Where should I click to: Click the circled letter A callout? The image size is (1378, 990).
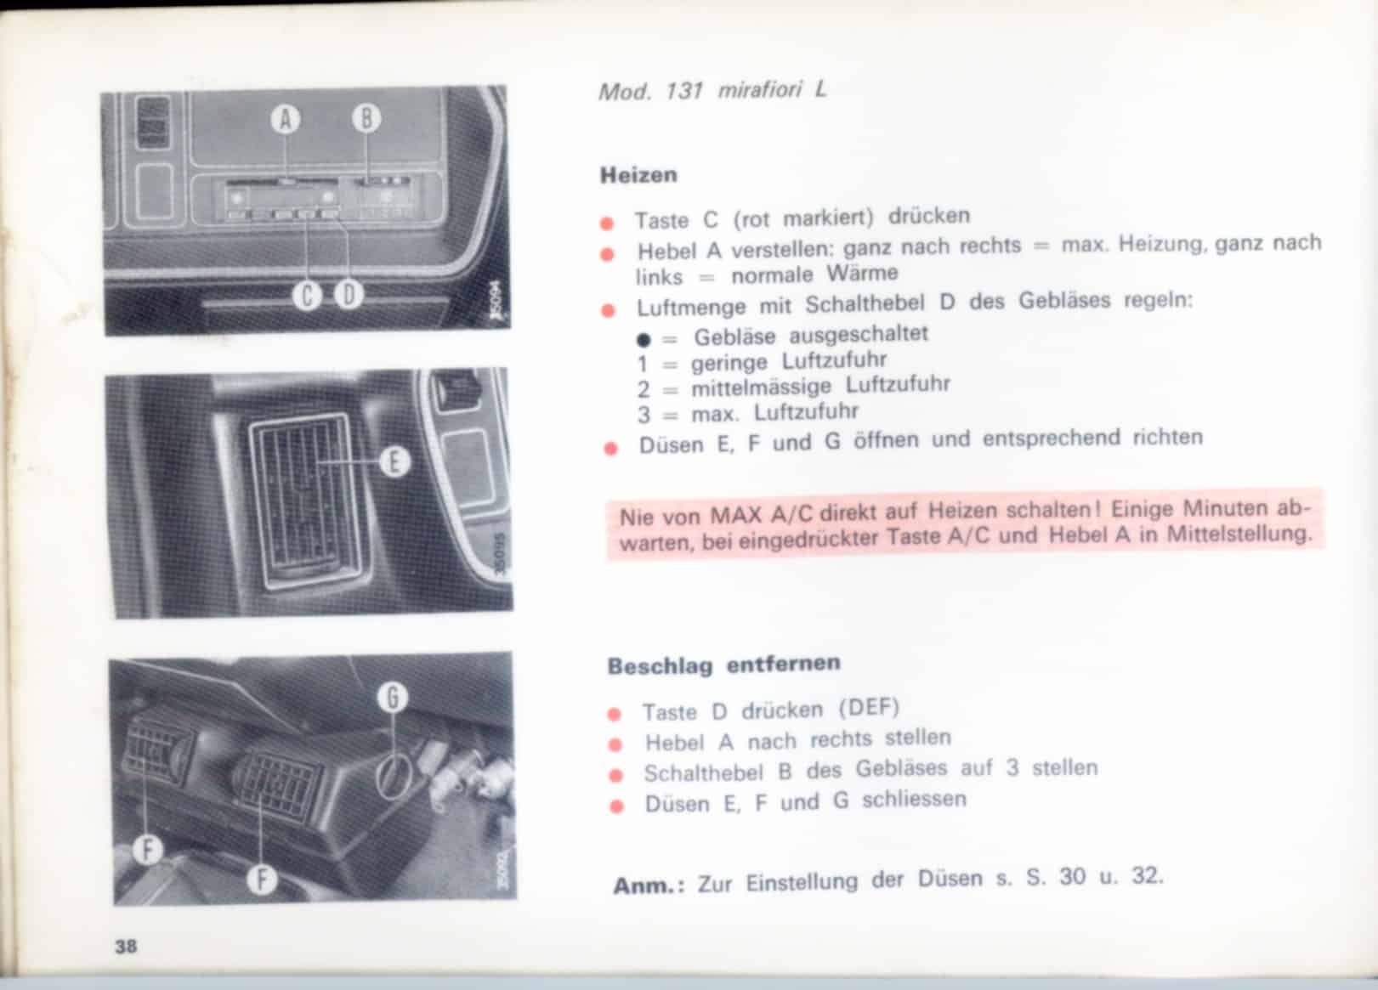click(x=286, y=119)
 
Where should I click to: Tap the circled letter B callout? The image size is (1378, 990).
click(x=366, y=119)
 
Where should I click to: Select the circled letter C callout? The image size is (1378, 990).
click(x=307, y=296)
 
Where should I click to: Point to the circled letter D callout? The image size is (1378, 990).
click(x=349, y=296)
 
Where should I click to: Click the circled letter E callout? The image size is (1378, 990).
click(x=394, y=461)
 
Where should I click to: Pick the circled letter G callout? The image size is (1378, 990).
click(x=393, y=698)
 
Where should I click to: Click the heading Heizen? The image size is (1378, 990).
click(x=638, y=175)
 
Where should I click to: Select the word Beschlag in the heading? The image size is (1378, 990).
click(x=660, y=666)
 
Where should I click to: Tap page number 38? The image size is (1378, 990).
click(x=126, y=946)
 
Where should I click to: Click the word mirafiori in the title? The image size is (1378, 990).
click(x=760, y=90)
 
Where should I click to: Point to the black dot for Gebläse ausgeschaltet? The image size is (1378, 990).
click(x=644, y=339)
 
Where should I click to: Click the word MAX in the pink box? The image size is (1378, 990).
click(x=736, y=514)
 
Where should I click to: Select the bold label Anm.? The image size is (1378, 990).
click(x=649, y=885)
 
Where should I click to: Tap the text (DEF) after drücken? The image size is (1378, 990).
click(x=869, y=708)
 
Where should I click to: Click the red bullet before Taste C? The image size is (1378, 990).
click(x=607, y=223)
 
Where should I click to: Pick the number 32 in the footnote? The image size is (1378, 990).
click(x=1145, y=875)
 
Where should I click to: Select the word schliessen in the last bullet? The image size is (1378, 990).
click(x=914, y=800)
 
